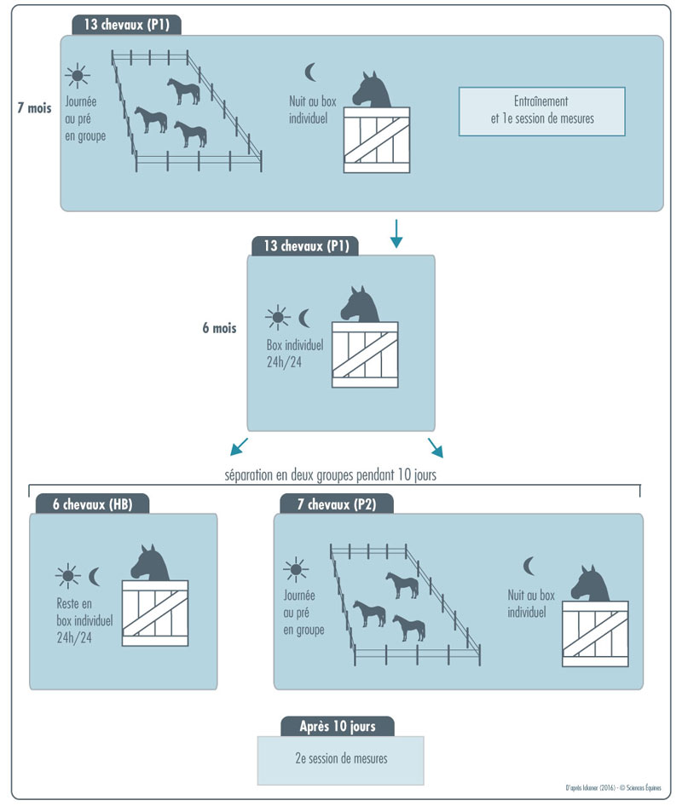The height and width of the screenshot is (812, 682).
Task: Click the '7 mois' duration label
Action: tap(33, 109)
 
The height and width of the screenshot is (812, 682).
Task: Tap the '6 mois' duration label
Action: tap(219, 327)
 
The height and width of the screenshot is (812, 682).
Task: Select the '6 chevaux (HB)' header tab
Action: tap(92, 503)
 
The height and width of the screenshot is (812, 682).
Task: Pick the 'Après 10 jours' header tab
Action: tap(338, 727)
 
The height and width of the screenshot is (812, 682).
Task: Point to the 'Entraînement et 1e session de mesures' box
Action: tap(541, 111)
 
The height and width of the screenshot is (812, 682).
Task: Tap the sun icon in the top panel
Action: tap(78, 77)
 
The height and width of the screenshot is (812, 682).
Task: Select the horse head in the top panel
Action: tap(373, 90)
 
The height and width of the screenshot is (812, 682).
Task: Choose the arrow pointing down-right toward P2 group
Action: tap(436, 446)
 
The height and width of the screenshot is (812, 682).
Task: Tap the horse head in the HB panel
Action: tap(151, 563)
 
